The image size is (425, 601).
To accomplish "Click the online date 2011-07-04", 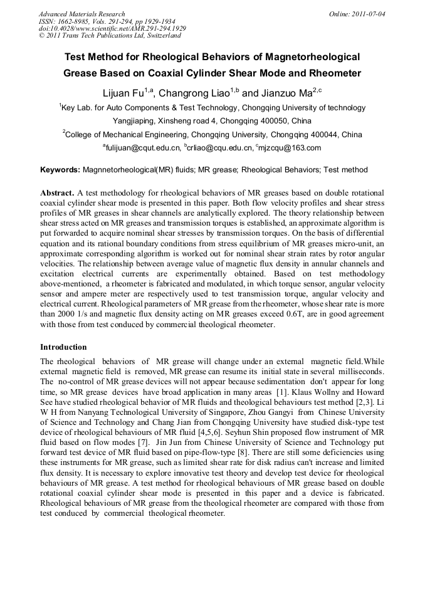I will pyautogui.click(x=369, y=14).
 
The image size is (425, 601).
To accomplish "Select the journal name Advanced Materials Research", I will pyautogui.click(x=81, y=14).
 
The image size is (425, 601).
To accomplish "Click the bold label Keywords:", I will pyautogui.click(x=60, y=170).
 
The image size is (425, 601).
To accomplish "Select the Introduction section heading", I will pyautogui.click(x=63, y=347).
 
